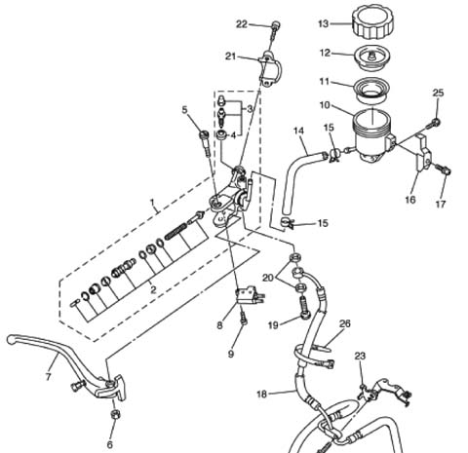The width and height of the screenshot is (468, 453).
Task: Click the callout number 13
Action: (324, 23)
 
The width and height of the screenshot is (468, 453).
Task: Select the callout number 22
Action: (242, 24)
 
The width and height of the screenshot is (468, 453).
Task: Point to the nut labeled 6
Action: (114, 414)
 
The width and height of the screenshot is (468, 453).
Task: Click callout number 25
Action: (438, 93)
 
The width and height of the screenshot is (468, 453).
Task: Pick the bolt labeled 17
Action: (443, 170)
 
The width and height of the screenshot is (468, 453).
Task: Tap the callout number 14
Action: (298, 131)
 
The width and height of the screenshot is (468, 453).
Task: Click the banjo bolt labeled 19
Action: (303, 309)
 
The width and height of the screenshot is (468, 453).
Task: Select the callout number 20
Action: (268, 278)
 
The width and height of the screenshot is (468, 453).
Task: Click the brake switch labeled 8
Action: (249, 296)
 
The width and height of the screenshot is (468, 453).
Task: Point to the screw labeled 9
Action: (243, 318)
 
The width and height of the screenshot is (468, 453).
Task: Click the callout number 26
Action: (345, 323)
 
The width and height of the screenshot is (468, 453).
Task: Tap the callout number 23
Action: (360, 357)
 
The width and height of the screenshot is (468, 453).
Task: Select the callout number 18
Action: (262, 395)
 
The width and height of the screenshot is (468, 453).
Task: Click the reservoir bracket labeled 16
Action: (423, 153)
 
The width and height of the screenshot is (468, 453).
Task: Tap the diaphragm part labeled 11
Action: (371, 90)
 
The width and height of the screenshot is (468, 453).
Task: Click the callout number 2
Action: (153, 289)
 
